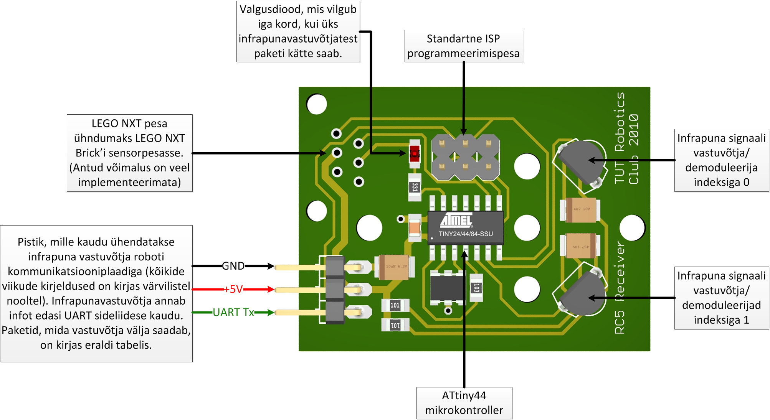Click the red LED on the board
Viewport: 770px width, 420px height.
tap(415, 154)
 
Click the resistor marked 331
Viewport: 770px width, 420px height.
tap(415, 187)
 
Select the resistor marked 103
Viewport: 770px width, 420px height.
tap(476, 288)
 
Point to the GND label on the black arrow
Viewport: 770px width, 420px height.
tap(233, 266)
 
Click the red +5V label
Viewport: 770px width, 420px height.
tap(233, 289)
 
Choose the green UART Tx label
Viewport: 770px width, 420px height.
tap(233, 313)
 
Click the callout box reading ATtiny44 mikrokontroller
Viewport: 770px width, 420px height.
tap(464, 403)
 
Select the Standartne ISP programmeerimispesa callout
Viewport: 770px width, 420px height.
tap(463, 46)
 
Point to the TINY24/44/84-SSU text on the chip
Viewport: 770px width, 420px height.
tap(466, 234)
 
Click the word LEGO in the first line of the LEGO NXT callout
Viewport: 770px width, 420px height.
tap(105, 124)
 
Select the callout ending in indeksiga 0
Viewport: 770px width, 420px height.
tap(721, 160)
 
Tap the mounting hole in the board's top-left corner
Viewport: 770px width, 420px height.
tap(317, 104)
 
